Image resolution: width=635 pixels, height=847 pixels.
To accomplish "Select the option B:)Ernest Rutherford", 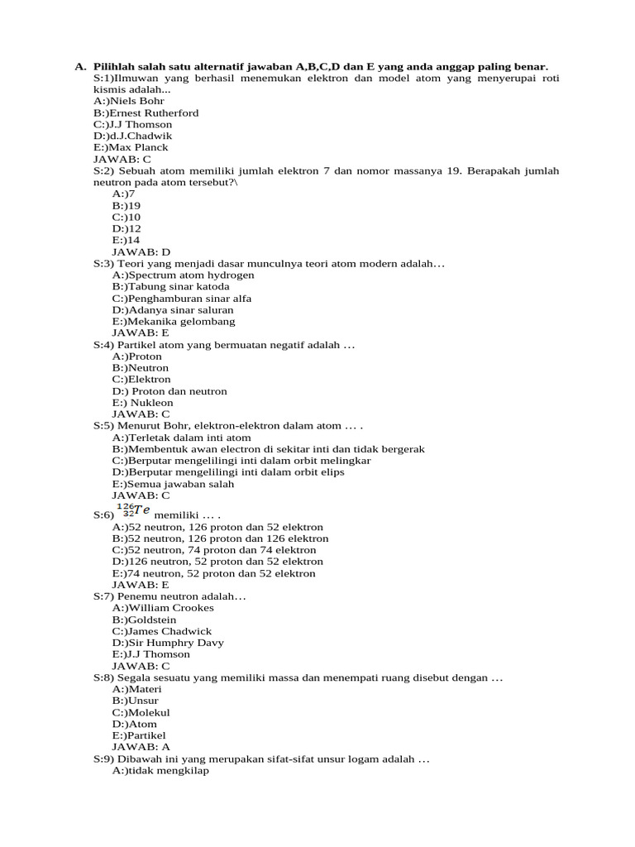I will tap(146, 112).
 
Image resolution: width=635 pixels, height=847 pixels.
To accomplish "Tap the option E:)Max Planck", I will tap(131, 147).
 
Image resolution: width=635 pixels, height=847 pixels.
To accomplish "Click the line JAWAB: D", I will tap(141, 251).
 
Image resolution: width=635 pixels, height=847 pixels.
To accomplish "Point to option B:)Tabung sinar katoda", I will tap(171, 286).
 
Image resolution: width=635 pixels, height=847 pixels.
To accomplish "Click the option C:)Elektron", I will tap(141, 379).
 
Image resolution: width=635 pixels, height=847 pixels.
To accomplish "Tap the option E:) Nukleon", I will tap(143, 403).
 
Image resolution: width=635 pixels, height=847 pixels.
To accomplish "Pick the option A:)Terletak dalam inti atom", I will tap(182, 438).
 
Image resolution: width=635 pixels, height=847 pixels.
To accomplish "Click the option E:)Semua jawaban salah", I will tap(174, 484).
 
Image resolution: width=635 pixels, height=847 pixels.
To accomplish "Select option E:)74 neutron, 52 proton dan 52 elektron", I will tap(214, 573).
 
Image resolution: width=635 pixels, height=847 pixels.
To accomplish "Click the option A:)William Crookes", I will tap(163, 607).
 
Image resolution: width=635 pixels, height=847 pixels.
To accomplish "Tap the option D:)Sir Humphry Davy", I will tap(168, 643).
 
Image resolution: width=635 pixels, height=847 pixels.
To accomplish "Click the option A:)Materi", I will tap(137, 688).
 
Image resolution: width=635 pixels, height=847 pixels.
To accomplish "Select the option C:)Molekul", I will tap(141, 712).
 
